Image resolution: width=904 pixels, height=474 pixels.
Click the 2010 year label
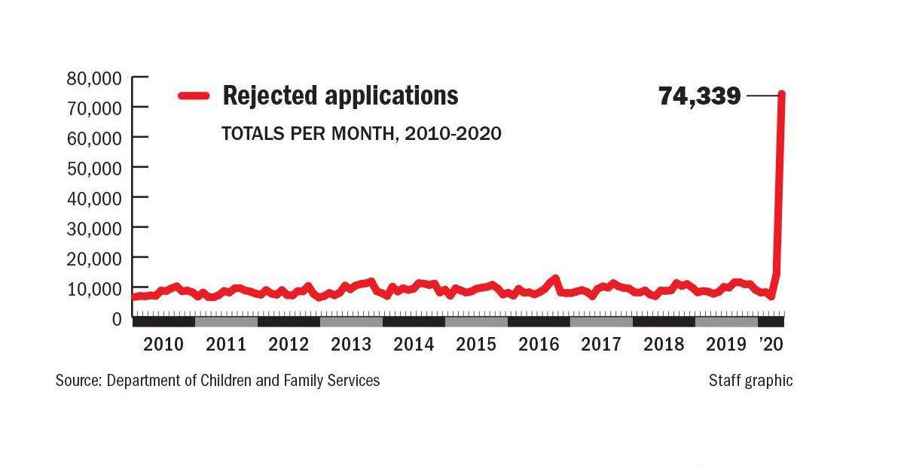pos(163,344)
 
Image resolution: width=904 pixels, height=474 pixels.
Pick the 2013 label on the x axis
pos(351,344)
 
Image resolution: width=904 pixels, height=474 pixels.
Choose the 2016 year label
pos(539,344)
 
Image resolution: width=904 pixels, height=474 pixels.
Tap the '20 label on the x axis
pos(771,344)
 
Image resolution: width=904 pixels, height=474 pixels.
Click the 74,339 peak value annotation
pos(699,96)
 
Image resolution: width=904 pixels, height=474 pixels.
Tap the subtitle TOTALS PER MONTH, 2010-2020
pos(361,133)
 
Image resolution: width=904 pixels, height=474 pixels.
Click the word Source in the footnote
pos(78,380)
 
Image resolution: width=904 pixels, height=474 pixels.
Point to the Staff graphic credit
pos(750,380)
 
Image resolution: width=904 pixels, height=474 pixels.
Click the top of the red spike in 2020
pos(782,95)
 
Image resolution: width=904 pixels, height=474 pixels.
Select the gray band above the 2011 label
pos(226,322)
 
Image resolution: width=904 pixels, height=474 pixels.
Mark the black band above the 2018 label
pos(664,322)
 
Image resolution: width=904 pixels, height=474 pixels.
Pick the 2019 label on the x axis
pos(726,344)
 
